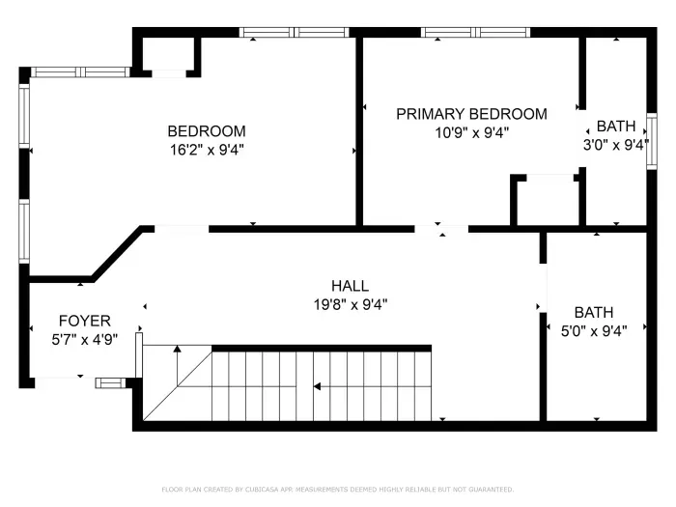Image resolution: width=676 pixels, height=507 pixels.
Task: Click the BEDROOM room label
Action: point(206,131)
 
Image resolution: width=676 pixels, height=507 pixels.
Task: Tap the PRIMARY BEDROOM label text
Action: point(471,114)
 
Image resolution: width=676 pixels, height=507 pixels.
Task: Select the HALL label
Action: point(350,286)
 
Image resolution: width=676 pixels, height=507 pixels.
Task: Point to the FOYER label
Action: point(84,321)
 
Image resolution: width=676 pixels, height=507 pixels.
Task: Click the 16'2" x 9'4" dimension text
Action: point(206,150)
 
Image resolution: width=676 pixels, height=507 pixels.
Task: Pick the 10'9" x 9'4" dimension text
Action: point(471,132)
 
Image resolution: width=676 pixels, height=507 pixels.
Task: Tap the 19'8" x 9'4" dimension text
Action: point(350,304)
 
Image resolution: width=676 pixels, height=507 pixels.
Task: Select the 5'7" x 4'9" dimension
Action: point(84,339)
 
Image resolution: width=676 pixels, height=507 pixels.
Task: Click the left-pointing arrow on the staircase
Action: point(316,387)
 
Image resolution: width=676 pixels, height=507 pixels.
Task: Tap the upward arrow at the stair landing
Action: point(176,351)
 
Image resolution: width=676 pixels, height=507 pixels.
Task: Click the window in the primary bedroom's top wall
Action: point(475,32)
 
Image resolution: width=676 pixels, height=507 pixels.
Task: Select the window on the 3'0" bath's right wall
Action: point(652,141)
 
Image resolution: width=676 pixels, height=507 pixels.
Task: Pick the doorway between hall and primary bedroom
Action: point(441,229)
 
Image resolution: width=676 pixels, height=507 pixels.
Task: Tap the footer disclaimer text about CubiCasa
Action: point(338,490)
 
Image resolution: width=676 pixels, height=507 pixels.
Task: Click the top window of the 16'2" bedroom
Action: point(295,32)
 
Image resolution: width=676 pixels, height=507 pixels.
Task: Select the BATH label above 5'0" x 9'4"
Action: point(594,313)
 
